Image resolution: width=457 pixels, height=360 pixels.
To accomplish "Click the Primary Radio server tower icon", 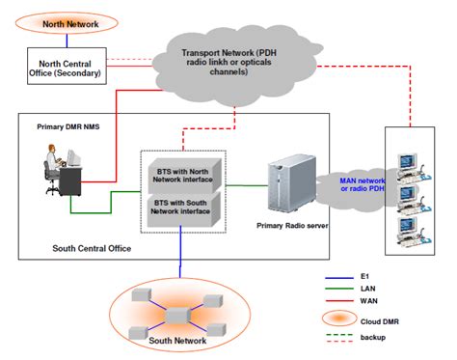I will click(287, 182).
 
